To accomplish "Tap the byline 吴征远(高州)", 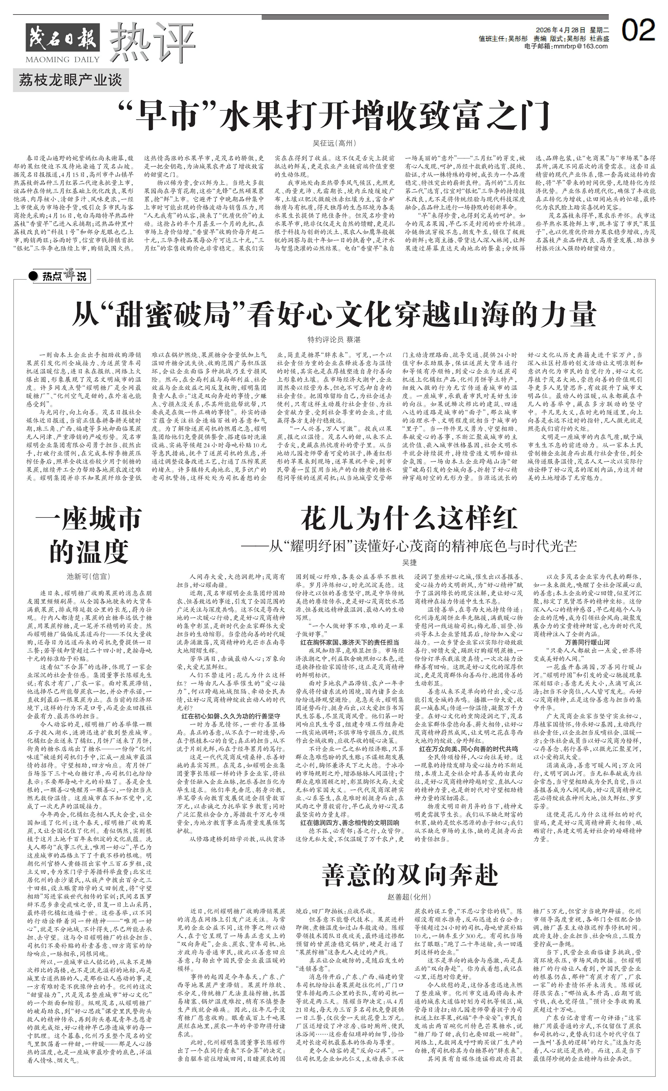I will [x=334, y=143].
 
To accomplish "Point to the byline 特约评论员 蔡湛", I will [x=334, y=340].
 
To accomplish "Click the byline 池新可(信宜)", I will [x=88, y=576].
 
